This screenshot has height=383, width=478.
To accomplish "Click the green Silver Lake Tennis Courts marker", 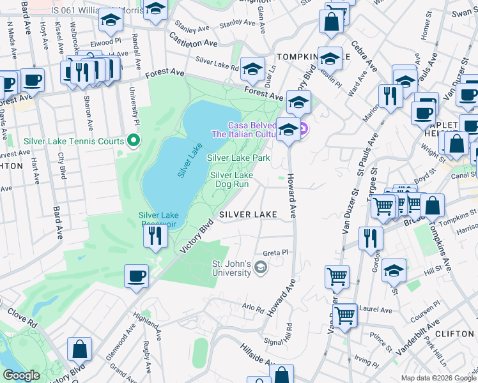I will click(133, 139).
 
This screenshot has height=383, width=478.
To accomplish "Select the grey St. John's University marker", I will click(260, 267).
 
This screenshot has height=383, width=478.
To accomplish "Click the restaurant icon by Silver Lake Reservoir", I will click(155, 236).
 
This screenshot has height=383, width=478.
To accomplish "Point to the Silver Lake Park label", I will click(238, 157).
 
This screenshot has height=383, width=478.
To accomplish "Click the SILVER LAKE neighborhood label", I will click(249, 215).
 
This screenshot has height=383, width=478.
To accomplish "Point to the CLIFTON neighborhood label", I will click(454, 334).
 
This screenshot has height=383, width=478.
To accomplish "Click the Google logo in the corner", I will click(21, 375).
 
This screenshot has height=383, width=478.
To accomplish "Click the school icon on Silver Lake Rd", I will click(253, 69).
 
